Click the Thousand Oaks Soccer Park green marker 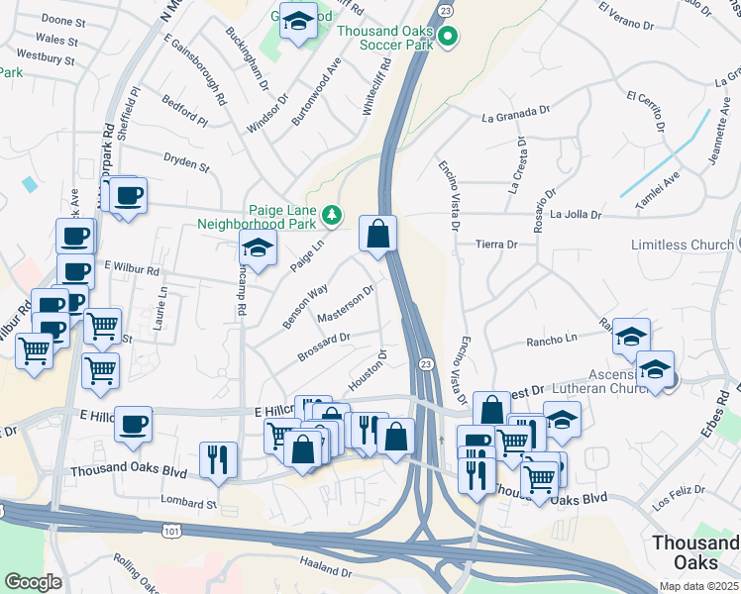click(x=448, y=38)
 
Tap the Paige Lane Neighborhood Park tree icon click(x=332, y=214)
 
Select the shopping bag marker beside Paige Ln click(x=377, y=236)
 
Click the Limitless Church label click(x=681, y=245)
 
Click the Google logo click(x=34, y=581)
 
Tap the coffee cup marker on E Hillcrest click(x=133, y=424)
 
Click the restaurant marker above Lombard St click(x=218, y=459)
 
